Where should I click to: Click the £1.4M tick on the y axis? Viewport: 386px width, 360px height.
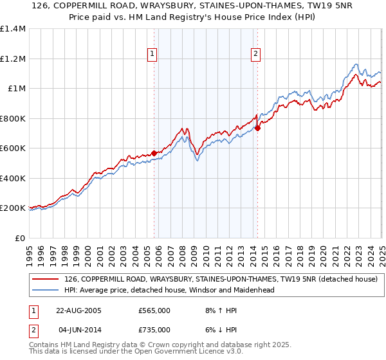[13, 29]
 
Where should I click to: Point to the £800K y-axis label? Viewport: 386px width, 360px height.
[13, 118]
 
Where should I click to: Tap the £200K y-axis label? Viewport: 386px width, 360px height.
[13, 208]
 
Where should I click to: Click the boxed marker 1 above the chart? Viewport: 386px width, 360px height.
[153, 55]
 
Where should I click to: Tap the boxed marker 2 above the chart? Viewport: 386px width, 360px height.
[256, 55]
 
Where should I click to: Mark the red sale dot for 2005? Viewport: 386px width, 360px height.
[154, 153]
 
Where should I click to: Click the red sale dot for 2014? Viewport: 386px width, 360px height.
[257, 128]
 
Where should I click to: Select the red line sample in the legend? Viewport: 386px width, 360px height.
[46, 280]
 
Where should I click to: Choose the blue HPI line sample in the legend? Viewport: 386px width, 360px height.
[46, 290]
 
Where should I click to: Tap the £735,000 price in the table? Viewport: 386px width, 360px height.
[154, 330]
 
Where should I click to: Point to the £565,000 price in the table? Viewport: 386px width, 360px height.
[154, 310]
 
